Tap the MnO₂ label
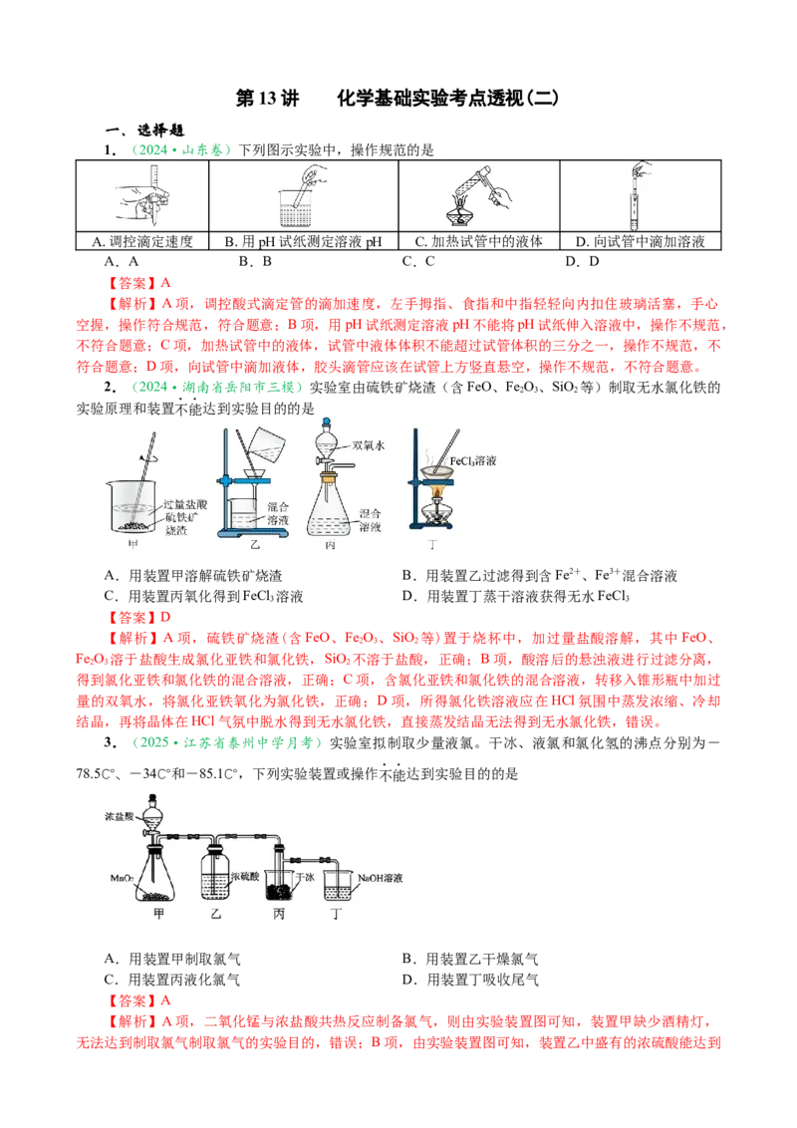tap(124, 878)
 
